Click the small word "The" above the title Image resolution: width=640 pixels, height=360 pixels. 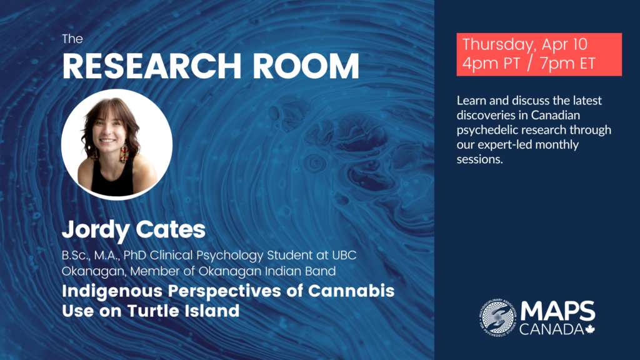click(72, 39)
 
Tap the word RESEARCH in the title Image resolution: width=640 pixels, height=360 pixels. click(152, 66)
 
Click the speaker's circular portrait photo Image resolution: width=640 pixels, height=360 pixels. click(117, 144)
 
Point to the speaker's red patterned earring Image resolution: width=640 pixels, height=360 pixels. click(124, 153)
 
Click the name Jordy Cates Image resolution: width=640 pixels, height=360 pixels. click(134, 230)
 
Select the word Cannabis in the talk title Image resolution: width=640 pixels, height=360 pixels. click(351, 291)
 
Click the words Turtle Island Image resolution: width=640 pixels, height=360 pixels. click(183, 311)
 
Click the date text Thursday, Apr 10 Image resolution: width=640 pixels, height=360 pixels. click(525, 44)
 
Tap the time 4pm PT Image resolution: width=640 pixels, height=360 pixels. click(491, 63)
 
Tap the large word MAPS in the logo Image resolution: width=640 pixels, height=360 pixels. click(557, 311)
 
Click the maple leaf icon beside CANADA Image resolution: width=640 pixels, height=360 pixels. click(590, 329)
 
